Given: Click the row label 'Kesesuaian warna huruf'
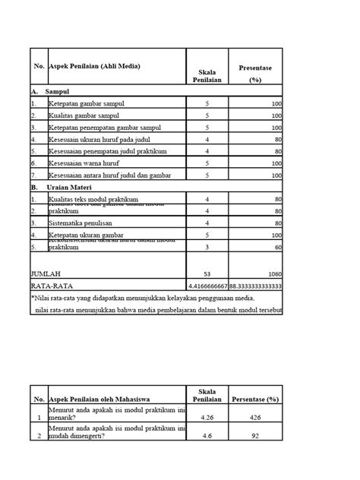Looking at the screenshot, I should (88, 163).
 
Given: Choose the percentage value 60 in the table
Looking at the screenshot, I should (278, 248).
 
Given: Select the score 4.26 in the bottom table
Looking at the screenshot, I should (204, 416).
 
